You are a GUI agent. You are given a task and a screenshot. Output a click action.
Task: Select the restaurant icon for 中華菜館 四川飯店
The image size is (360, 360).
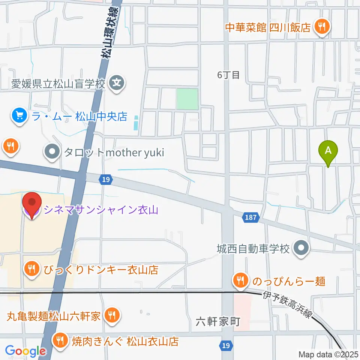321,27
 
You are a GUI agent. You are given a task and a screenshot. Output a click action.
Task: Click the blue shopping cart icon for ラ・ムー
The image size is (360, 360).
19,115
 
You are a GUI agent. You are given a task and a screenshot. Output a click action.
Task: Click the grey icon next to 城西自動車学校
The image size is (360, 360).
301,248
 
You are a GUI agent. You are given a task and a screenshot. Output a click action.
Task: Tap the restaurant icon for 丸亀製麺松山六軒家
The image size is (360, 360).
111,315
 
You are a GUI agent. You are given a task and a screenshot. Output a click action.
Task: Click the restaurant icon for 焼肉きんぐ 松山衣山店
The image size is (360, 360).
60,341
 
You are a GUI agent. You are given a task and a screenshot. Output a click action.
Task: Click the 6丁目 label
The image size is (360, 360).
228,75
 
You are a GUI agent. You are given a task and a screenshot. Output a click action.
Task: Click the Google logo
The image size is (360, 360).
25,351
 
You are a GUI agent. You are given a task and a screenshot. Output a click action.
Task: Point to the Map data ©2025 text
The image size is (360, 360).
328,354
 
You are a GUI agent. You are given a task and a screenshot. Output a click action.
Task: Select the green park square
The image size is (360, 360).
187,99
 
